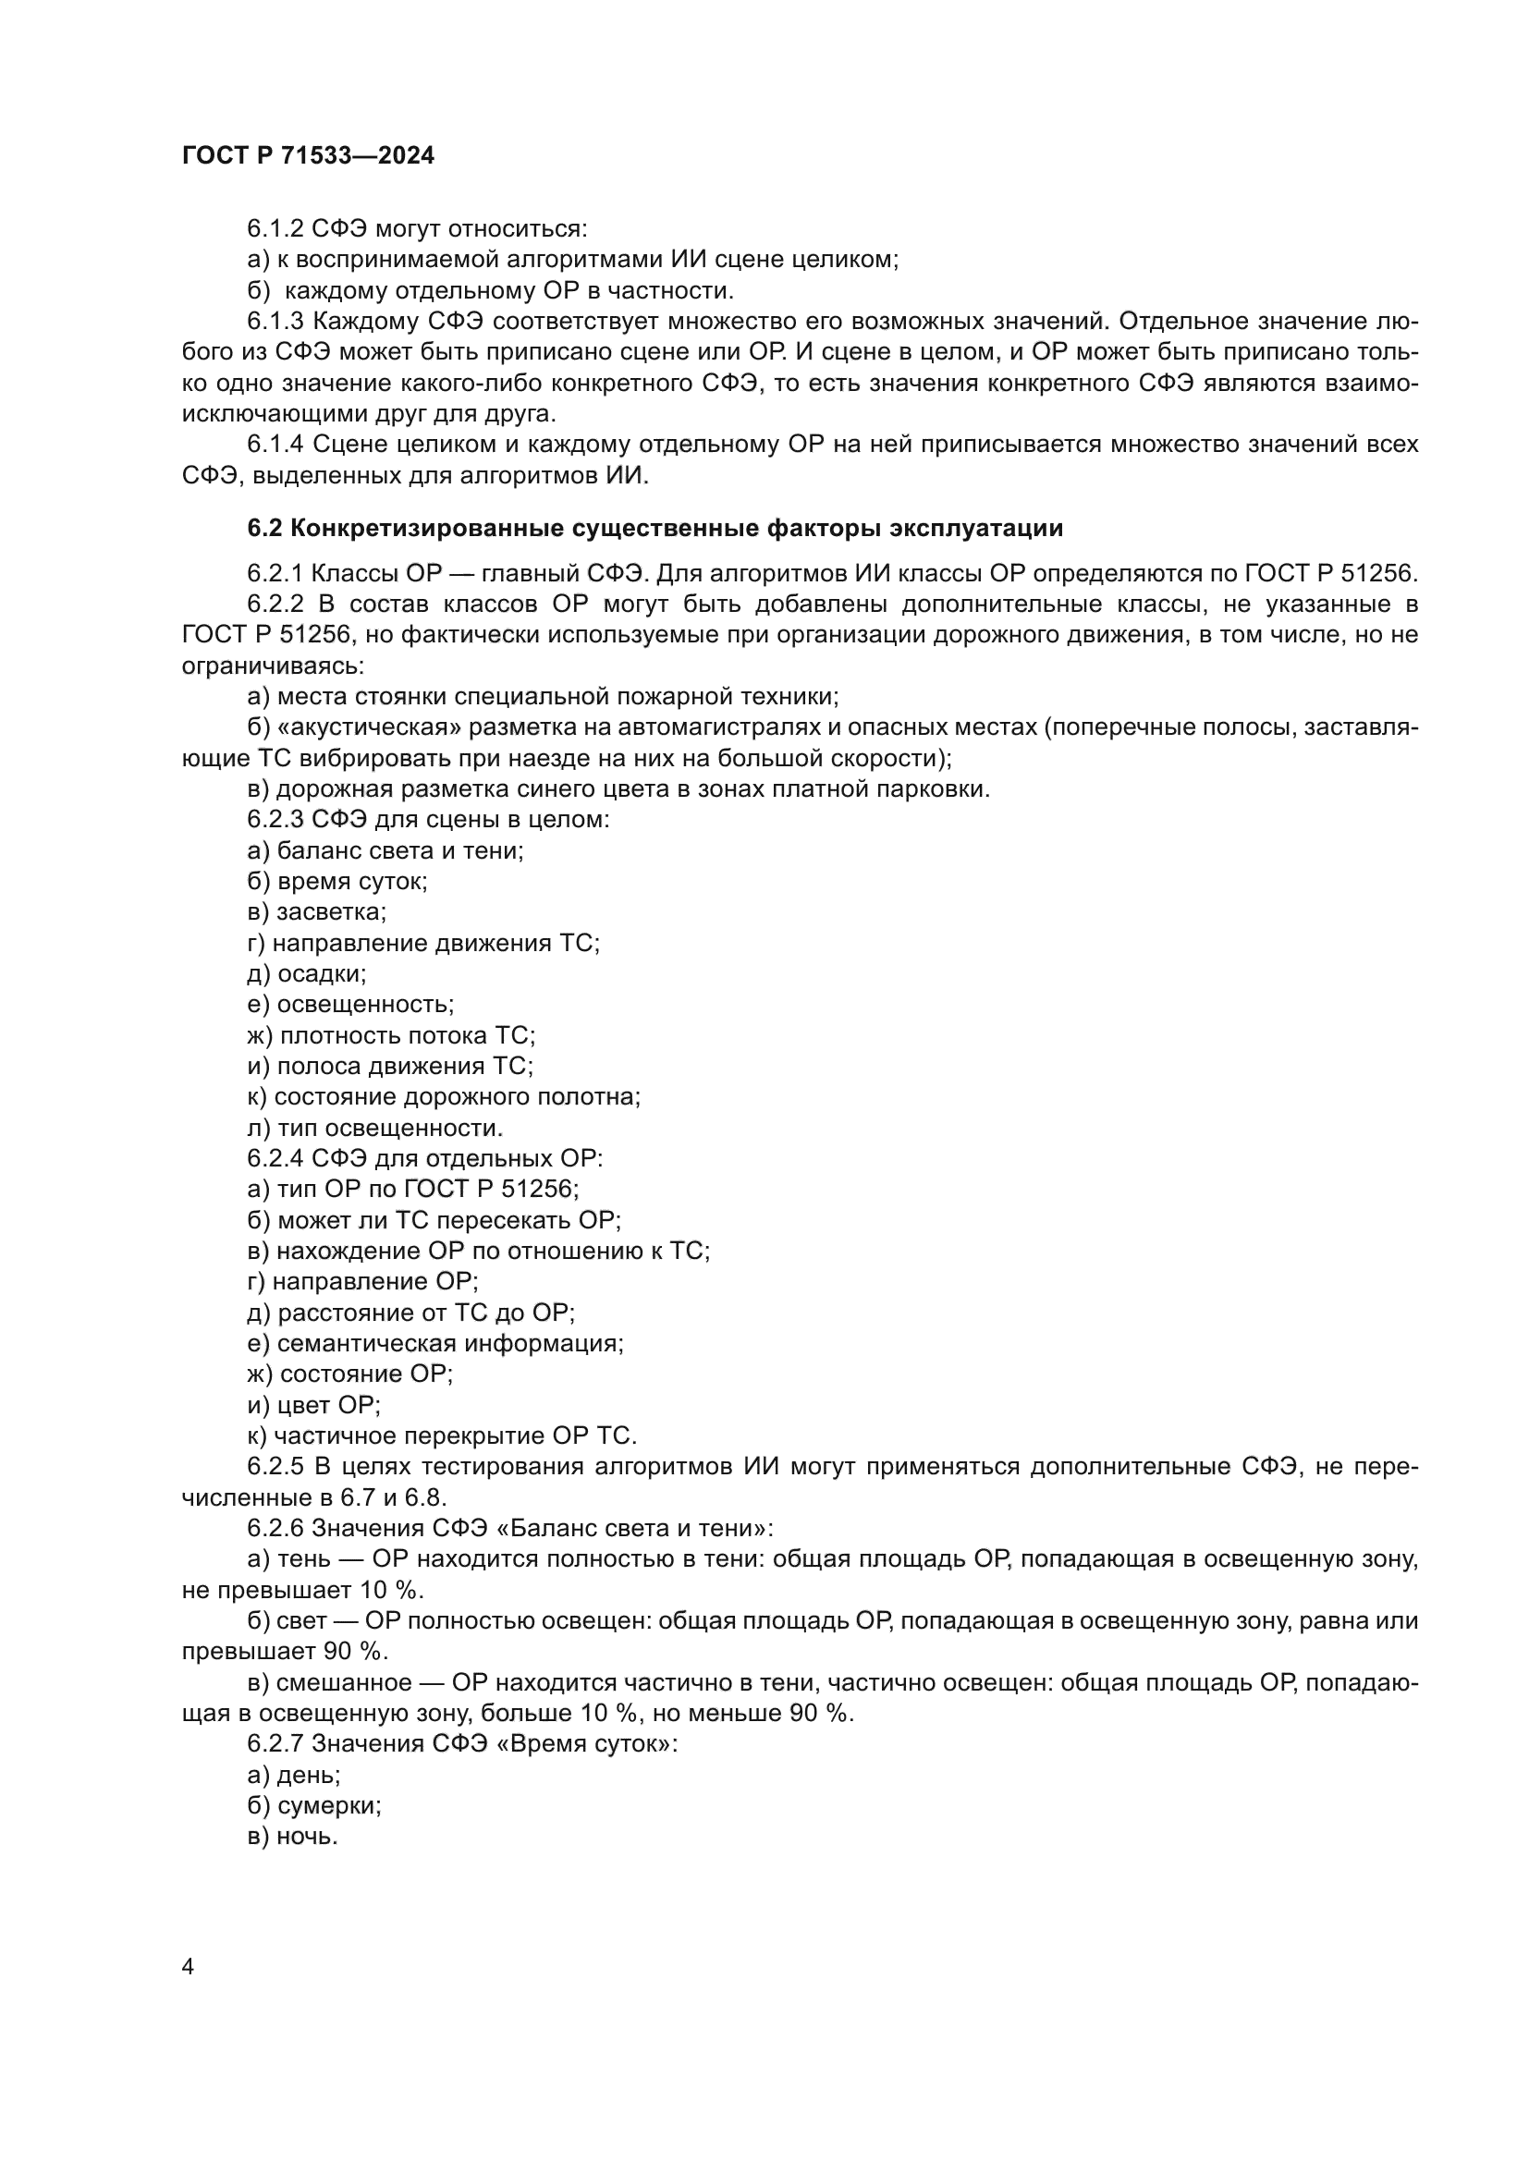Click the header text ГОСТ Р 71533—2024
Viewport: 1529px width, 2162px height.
click(308, 156)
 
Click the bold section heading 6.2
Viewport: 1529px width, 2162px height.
click(654, 529)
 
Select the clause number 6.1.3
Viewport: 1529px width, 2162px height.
click(275, 322)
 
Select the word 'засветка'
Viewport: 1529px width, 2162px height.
click(329, 912)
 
